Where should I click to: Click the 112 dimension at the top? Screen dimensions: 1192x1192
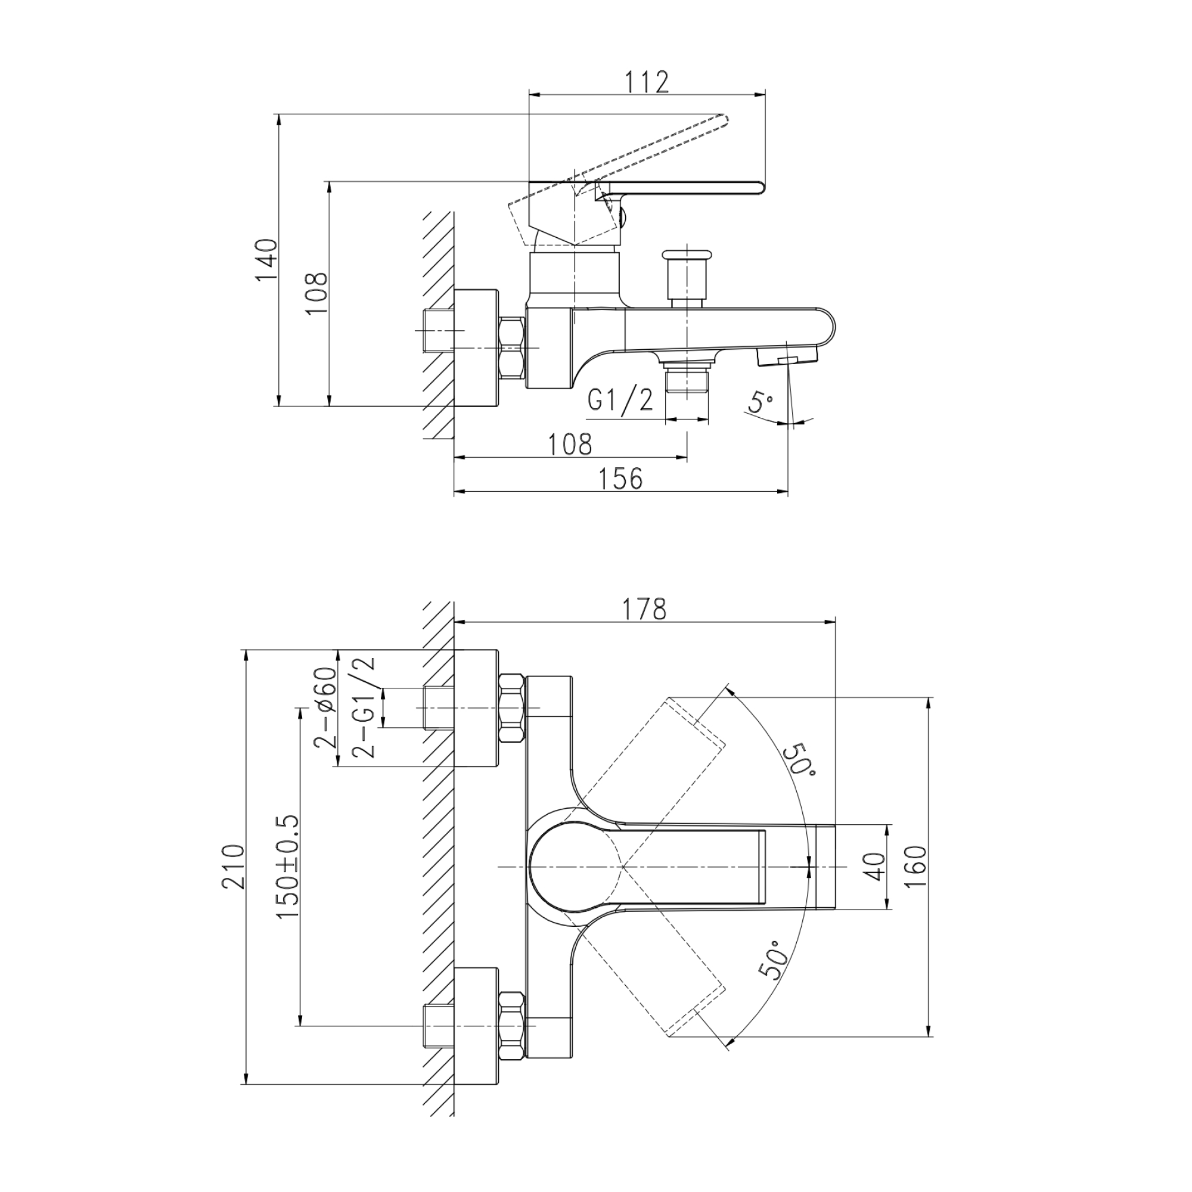[x=646, y=82]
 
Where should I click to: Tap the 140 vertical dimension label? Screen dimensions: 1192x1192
[x=267, y=260]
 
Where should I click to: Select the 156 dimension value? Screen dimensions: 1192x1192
[x=620, y=479]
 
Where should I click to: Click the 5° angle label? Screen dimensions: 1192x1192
[x=760, y=402]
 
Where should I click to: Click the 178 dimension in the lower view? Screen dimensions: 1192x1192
[x=644, y=610]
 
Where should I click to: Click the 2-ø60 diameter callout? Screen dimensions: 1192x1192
[x=326, y=707]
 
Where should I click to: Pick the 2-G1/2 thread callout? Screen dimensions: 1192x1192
[x=363, y=707]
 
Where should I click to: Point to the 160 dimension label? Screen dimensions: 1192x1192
[x=917, y=866]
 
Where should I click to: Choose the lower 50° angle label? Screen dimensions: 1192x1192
[x=775, y=961]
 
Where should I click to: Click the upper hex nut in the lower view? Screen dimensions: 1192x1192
[x=511, y=707]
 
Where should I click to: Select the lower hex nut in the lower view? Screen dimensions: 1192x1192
[x=511, y=1025]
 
